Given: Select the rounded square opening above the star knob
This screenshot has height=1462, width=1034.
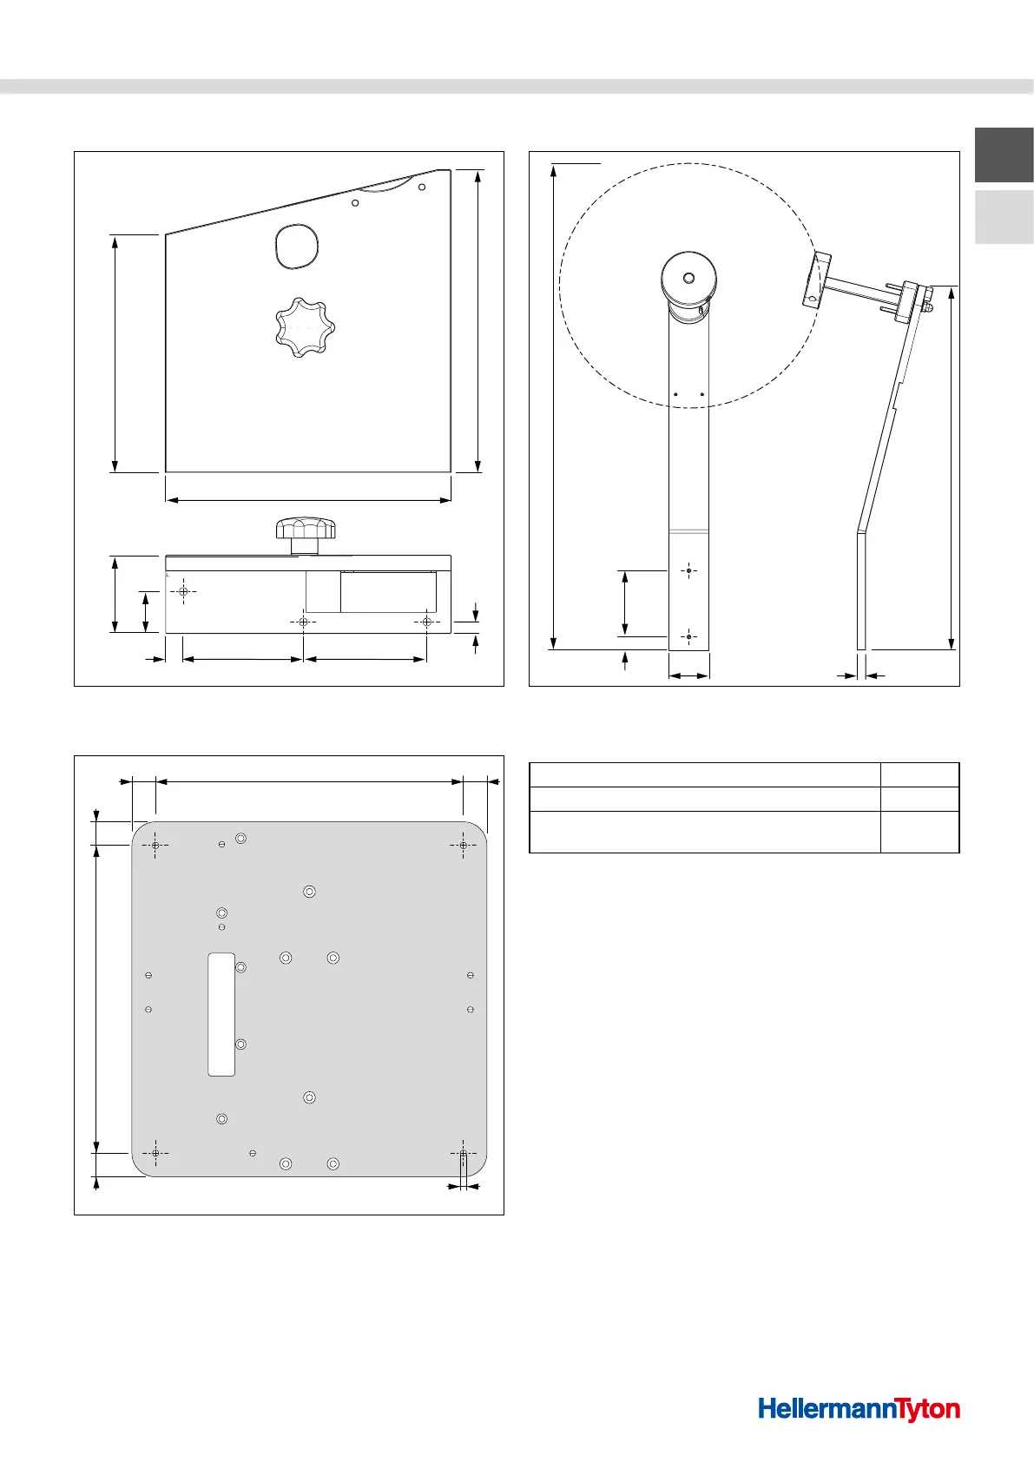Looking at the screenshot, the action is tap(296, 246).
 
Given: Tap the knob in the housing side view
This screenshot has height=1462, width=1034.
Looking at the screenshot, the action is tap(306, 534).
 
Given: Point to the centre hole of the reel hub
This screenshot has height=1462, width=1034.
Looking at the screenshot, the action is tap(688, 279).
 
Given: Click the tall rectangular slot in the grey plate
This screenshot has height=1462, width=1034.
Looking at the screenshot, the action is tap(221, 1014).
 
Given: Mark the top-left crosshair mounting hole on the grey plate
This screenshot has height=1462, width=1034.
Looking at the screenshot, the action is tap(155, 845).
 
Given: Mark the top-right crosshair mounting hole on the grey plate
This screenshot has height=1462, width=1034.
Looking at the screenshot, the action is tap(464, 845).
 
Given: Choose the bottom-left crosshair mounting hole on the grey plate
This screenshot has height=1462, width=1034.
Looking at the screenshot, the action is tap(155, 1153).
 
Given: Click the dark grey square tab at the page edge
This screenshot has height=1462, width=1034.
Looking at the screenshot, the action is tap(1004, 155).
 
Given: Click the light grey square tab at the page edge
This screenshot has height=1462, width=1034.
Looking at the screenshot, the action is tap(1004, 217).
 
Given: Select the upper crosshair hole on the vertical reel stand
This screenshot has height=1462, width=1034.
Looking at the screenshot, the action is tap(688, 571).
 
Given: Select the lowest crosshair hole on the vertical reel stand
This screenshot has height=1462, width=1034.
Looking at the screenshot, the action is tap(688, 637).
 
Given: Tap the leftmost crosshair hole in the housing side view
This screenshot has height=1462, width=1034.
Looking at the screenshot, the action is tap(183, 591).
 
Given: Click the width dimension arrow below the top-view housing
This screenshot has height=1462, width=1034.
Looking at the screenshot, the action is tap(308, 500).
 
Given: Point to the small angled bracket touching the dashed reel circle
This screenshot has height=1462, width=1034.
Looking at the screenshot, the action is tap(816, 279).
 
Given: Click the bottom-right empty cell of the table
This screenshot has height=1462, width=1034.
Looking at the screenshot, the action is tap(919, 832).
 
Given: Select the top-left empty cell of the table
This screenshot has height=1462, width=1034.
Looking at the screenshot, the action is tap(704, 774).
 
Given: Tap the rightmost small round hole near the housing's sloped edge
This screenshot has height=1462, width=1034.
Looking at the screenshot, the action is tap(422, 187).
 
